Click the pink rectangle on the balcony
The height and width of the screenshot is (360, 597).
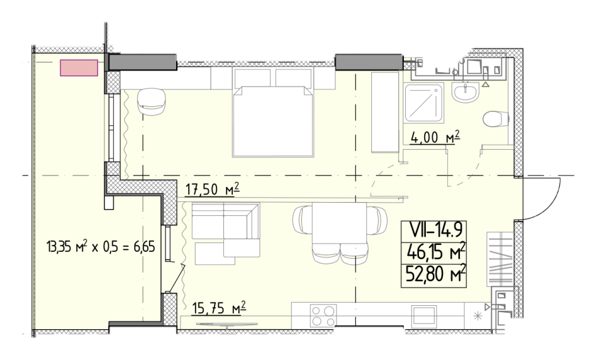(79, 68)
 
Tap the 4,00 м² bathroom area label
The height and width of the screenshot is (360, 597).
(435, 137)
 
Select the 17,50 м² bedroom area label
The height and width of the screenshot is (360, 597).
(213, 189)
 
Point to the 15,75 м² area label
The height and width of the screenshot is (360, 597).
(219, 308)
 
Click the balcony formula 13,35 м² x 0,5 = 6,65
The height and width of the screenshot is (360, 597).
(101, 247)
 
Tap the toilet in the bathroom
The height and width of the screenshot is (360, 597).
(496, 119)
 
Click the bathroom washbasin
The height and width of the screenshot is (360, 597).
(464, 93)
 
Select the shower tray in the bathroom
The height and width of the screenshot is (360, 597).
(424, 103)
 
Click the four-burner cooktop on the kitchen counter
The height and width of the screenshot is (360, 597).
(323, 316)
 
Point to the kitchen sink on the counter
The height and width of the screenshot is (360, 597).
(424, 316)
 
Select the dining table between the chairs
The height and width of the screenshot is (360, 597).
(340, 225)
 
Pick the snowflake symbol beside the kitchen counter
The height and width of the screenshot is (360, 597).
(477, 316)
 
